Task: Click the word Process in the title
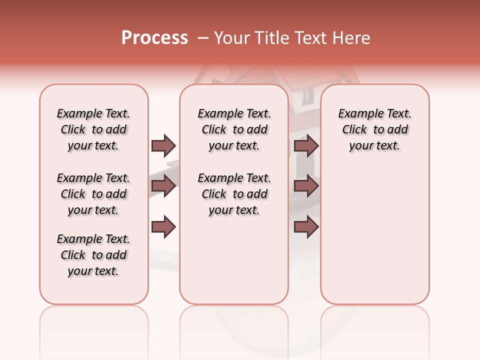154,38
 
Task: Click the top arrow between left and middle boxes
163,145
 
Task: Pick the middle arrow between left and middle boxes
163,186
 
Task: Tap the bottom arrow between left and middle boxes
163,227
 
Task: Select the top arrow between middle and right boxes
306,145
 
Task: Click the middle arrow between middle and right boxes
306,186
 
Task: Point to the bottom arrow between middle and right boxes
306,227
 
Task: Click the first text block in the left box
93,129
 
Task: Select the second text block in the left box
93,194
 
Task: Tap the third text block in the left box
93,255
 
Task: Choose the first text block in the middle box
234,129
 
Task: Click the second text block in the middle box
234,194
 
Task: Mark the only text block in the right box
374,129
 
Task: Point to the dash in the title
203,38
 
